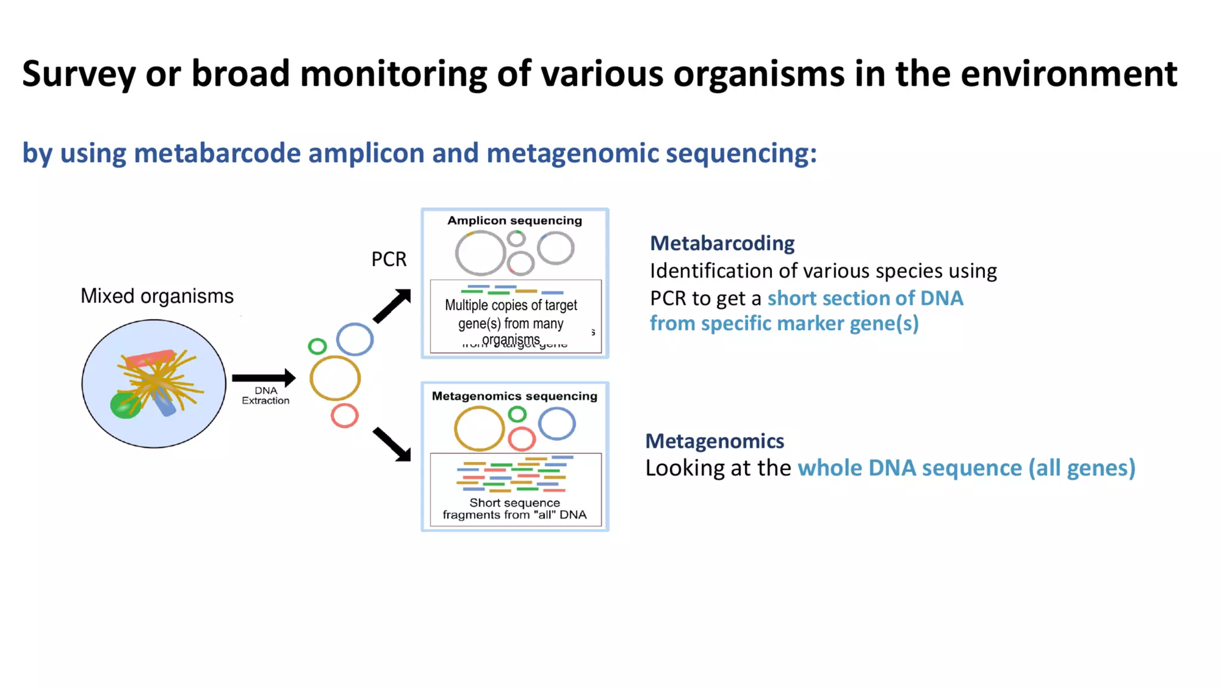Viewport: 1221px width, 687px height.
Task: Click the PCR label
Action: click(389, 259)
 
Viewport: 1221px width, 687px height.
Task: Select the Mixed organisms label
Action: click(157, 296)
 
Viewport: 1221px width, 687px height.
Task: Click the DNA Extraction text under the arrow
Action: click(265, 395)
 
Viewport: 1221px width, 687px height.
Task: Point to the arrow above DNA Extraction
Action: click(263, 377)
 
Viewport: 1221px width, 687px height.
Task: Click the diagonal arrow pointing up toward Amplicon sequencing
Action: click(392, 305)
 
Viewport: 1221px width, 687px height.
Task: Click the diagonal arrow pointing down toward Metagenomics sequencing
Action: click(392, 445)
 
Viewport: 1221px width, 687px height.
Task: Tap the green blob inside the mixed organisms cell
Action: click(124, 406)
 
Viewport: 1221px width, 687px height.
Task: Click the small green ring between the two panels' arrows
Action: click(317, 346)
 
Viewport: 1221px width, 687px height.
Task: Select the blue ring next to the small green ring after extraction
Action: click(355, 339)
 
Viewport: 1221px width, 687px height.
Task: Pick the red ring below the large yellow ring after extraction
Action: click(345, 416)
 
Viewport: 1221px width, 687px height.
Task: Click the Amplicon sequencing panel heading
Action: click(515, 221)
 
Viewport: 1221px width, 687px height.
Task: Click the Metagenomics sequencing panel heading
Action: click(515, 396)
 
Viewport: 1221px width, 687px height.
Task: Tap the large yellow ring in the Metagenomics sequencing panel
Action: click(479, 428)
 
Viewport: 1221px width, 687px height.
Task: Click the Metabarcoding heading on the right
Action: click(722, 243)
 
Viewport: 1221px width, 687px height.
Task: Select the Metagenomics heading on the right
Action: click(714, 441)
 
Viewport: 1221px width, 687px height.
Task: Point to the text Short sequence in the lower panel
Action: click(515, 503)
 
